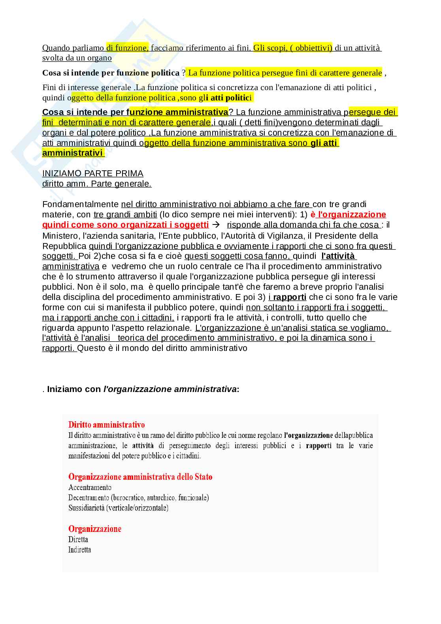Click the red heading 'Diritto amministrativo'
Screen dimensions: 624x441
(x=106, y=425)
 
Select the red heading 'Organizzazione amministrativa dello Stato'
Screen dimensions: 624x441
(x=140, y=477)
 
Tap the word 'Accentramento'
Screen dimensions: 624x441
(x=90, y=487)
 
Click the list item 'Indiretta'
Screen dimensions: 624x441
(x=79, y=550)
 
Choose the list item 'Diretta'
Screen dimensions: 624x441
(x=78, y=539)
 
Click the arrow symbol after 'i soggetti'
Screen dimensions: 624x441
(x=216, y=225)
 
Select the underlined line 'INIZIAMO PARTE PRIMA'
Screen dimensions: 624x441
(x=92, y=173)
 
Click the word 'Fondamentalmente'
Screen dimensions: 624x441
(x=80, y=204)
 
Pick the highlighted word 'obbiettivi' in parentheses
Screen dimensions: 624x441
(x=313, y=48)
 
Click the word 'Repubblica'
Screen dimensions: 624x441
(x=64, y=246)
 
